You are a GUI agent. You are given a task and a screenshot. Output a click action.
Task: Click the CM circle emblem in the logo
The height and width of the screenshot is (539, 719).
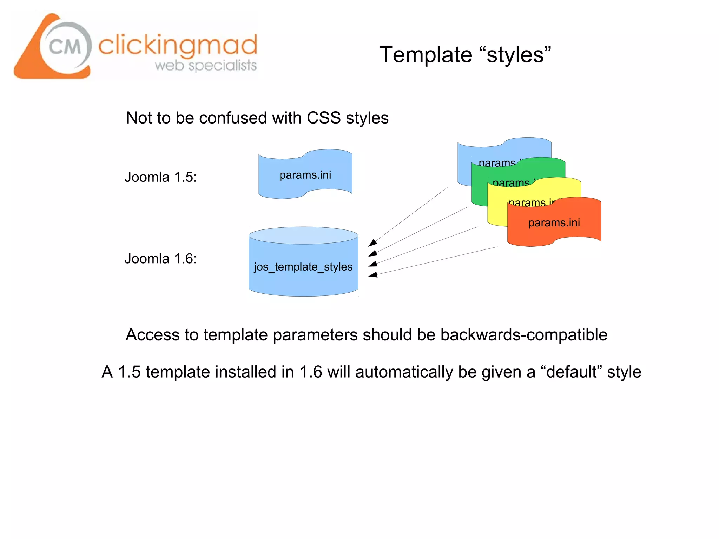[x=65, y=47]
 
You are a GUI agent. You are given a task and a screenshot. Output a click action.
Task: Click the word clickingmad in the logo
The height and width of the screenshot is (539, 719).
[x=178, y=46]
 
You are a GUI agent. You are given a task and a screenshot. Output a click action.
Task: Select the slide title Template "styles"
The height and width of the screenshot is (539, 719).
[x=465, y=55]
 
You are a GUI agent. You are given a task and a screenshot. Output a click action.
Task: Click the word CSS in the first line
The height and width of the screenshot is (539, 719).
[x=323, y=118]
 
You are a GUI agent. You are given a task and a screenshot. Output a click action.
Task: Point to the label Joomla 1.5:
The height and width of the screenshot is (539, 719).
[x=160, y=177]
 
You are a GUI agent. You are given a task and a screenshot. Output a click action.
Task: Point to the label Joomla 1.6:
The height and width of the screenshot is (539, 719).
[x=160, y=259]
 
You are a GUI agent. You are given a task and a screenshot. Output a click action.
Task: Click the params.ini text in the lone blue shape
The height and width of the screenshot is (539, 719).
[x=305, y=175]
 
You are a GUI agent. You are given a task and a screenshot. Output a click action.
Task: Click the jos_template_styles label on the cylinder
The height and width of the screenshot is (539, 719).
[x=303, y=267]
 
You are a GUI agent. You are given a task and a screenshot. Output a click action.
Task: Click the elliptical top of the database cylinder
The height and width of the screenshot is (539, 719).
[x=303, y=235]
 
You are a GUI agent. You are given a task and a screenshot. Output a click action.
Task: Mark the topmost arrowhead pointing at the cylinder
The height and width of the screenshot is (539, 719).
[x=372, y=242]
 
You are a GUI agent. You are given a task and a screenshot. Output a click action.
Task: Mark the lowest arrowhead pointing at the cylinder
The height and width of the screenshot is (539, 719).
[x=373, y=275]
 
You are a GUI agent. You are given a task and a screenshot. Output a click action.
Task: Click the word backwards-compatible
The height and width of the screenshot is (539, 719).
[x=523, y=335]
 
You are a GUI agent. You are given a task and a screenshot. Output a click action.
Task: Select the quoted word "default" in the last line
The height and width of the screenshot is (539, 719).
[x=571, y=372]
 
